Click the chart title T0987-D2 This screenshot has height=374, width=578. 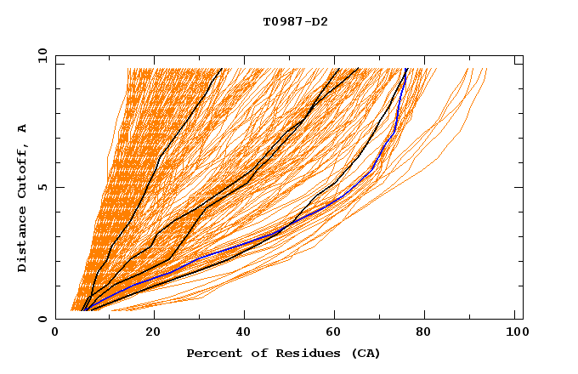coord(295,22)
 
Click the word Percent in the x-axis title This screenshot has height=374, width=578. coord(212,353)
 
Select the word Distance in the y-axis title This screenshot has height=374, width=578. coord(23,240)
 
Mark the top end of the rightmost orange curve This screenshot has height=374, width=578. coord(486,70)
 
